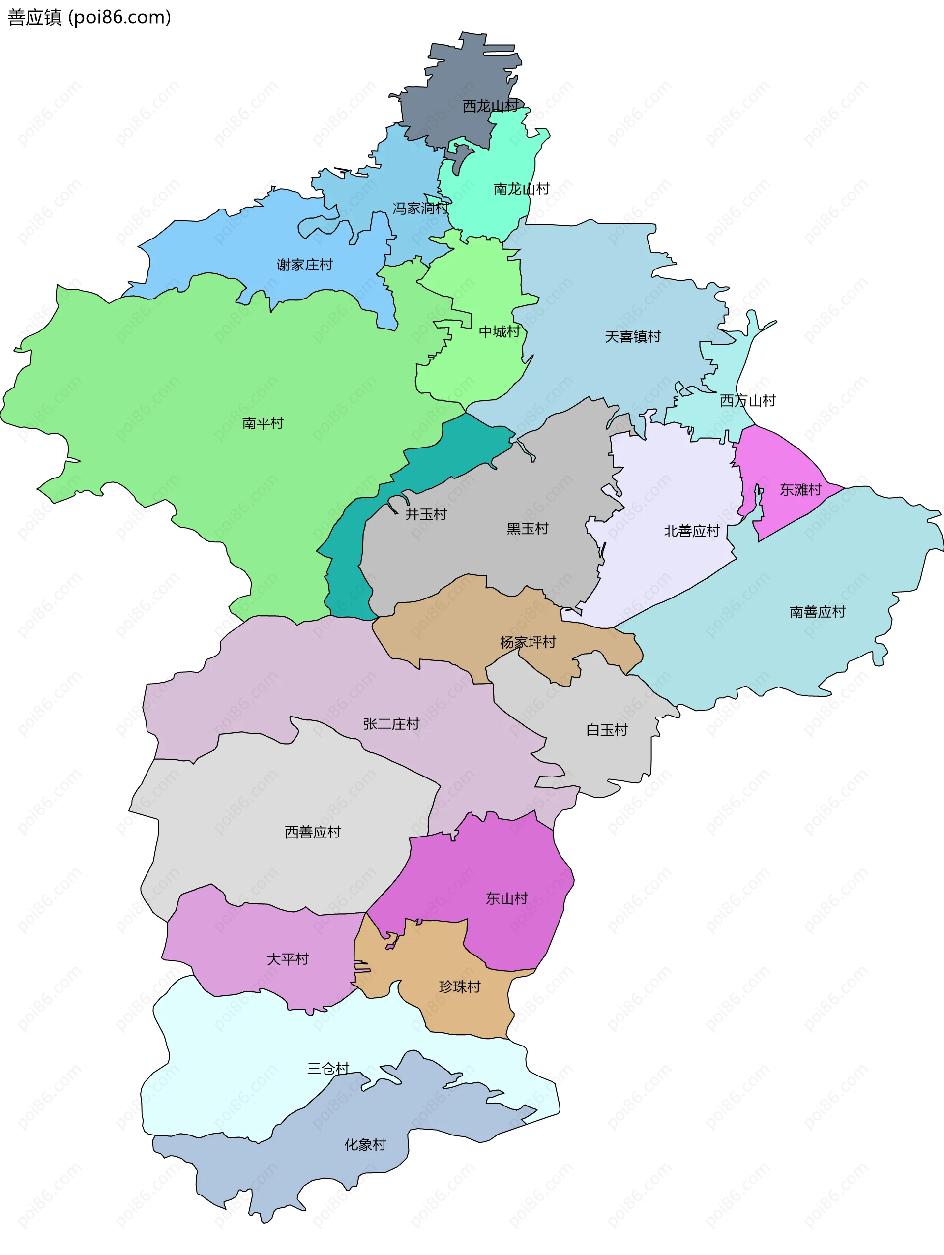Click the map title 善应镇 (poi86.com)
[x=89, y=18]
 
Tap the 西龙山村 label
[x=490, y=106]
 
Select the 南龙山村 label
[x=521, y=189]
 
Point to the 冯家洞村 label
[x=420, y=208]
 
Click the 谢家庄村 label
[x=305, y=265]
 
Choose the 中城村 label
[x=499, y=331]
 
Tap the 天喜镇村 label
[x=633, y=336]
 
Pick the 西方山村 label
[x=748, y=401]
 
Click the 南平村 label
[x=263, y=423]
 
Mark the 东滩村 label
[x=800, y=490]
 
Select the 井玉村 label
[x=426, y=514]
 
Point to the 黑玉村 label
[x=528, y=529]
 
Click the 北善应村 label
[x=692, y=531]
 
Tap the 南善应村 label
[x=818, y=612]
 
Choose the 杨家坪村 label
[x=528, y=642]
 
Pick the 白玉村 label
[x=607, y=730]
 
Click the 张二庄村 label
[x=391, y=724]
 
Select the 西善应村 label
[x=313, y=832]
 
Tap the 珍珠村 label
[x=460, y=987]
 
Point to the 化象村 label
[x=365, y=1145]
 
